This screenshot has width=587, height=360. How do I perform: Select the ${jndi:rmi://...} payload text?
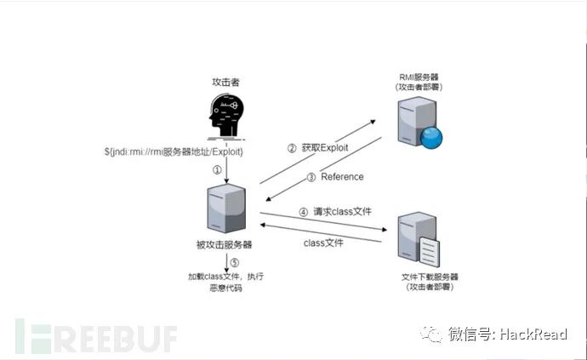pyautogui.click(x=175, y=151)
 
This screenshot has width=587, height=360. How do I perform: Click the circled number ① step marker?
pyautogui.click(x=217, y=170)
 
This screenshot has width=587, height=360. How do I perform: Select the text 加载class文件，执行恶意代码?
pyautogui.click(x=223, y=282)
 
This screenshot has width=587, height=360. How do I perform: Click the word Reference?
pyautogui.click(x=342, y=177)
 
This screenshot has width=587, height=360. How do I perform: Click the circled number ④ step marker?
pyautogui.click(x=303, y=211)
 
